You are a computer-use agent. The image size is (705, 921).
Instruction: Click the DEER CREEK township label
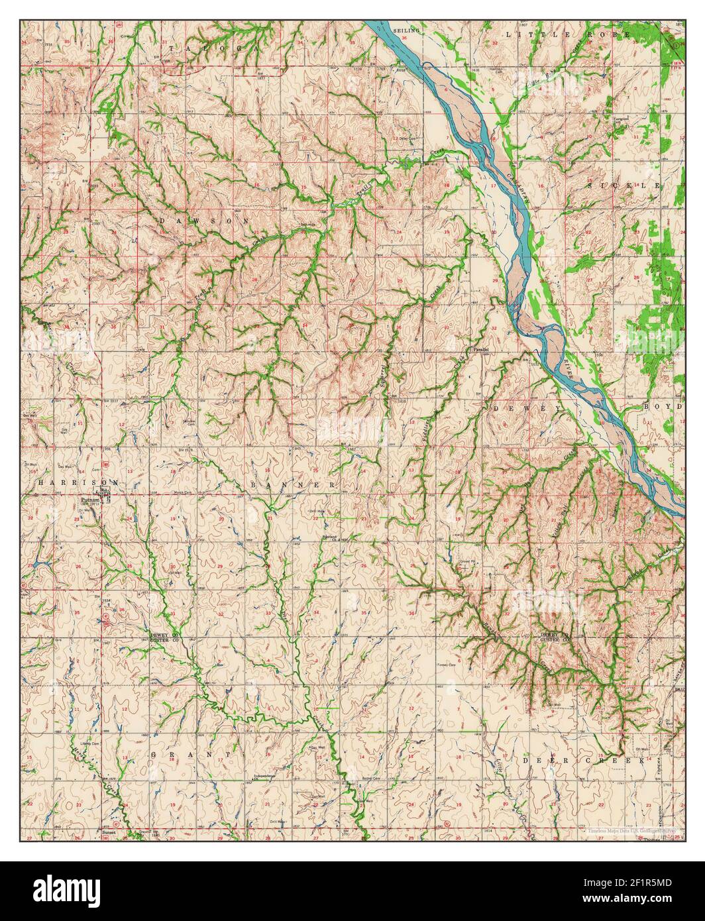[583, 761]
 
